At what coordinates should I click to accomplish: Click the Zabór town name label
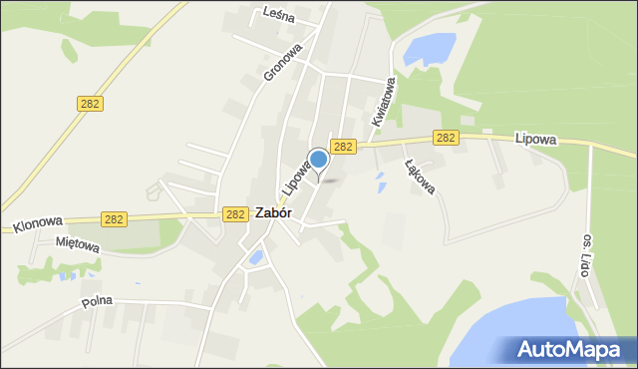(x=273, y=212)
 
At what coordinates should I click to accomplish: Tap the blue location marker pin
(x=318, y=160)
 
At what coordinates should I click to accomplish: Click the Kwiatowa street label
(x=384, y=103)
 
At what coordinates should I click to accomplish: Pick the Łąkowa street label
(x=420, y=176)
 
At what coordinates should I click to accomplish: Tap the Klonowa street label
(x=39, y=225)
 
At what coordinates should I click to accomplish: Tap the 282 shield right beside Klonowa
(x=114, y=218)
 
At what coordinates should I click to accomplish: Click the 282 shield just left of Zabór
(x=235, y=213)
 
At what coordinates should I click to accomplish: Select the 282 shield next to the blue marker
(x=343, y=147)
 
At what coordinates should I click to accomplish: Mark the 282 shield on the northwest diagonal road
(x=89, y=104)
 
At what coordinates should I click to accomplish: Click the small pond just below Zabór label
(x=256, y=258)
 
